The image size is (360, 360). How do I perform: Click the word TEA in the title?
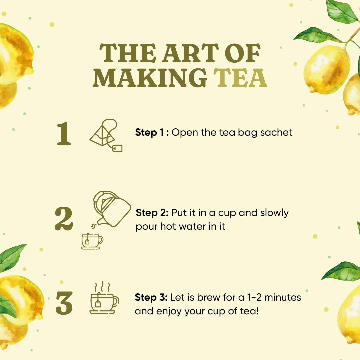click(x=240, y=78)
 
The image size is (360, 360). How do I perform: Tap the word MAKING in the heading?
click(x=150, y=78)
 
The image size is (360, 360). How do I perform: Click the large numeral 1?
click(x=64, y=134)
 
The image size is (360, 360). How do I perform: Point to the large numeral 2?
click(x=64, y=218)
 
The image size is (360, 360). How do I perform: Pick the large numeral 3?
click(x=64, y=303)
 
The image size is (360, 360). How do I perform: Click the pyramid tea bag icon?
click(x=106, y=135)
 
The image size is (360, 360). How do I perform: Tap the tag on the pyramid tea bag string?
click(x=117, y=148)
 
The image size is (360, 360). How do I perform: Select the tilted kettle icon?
click(x=112, y=209)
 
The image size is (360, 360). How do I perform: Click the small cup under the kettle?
click(x=92, y=241)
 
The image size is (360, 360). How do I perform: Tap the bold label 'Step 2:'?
click(x=152, y=213)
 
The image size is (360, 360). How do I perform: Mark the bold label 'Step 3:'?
click(x=151, y=297)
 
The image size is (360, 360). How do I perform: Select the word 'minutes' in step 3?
click(x=283, y=298)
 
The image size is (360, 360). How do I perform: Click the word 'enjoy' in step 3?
click(x=169, y=312)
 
